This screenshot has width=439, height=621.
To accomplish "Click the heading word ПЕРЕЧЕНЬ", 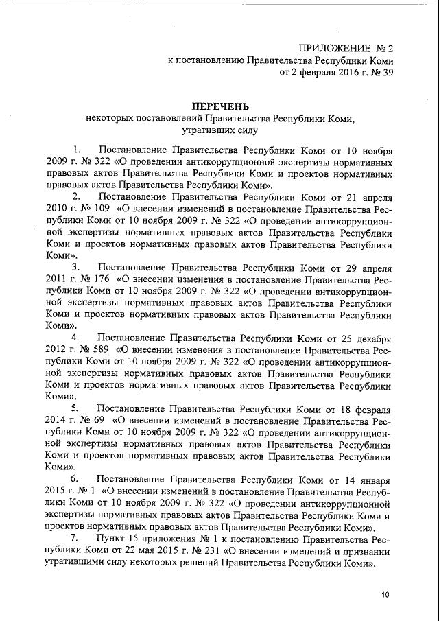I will (219, 106).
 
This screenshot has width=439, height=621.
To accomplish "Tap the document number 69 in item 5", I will (97, 419).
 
